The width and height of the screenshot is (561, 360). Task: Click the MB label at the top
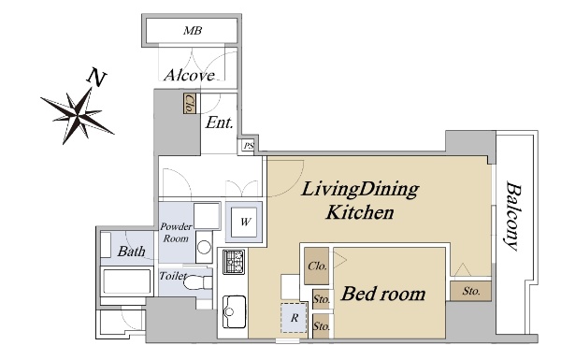coord(193,31)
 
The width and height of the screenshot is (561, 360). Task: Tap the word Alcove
coord(190,75)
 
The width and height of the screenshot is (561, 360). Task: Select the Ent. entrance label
coord(220,122)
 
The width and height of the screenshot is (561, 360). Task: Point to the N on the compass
coord(97,77)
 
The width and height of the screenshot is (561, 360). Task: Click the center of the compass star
coord(78,115)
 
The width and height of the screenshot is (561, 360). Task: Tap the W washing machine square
coord(245,222)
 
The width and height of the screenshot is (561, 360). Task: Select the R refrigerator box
coord(295,318)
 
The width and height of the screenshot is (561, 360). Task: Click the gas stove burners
coord(234,262)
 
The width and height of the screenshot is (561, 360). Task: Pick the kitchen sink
coord(234,311)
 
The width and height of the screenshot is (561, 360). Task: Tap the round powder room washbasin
coord(204,247)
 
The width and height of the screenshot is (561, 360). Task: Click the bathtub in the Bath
coord(126,281)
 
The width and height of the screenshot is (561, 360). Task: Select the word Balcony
coord(512,217)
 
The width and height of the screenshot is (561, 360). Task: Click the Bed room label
coord(383,295)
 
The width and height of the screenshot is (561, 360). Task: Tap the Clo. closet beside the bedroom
coord(317,266)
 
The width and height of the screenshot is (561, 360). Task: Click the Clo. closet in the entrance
coord(190,104)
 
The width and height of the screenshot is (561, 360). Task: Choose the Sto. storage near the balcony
coord(470,291)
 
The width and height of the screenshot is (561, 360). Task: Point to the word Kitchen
coord(360,212)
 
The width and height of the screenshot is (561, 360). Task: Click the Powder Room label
coord(176,233)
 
